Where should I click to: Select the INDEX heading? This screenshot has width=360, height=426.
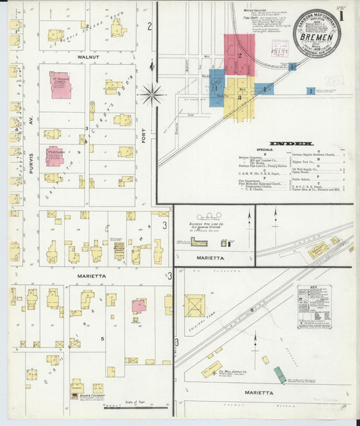click(290, 144)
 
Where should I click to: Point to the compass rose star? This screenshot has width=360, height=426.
click(152, 92)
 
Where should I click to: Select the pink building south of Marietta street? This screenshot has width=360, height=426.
click(139, 305)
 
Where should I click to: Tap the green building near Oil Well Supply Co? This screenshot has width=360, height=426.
click(279, 375)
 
